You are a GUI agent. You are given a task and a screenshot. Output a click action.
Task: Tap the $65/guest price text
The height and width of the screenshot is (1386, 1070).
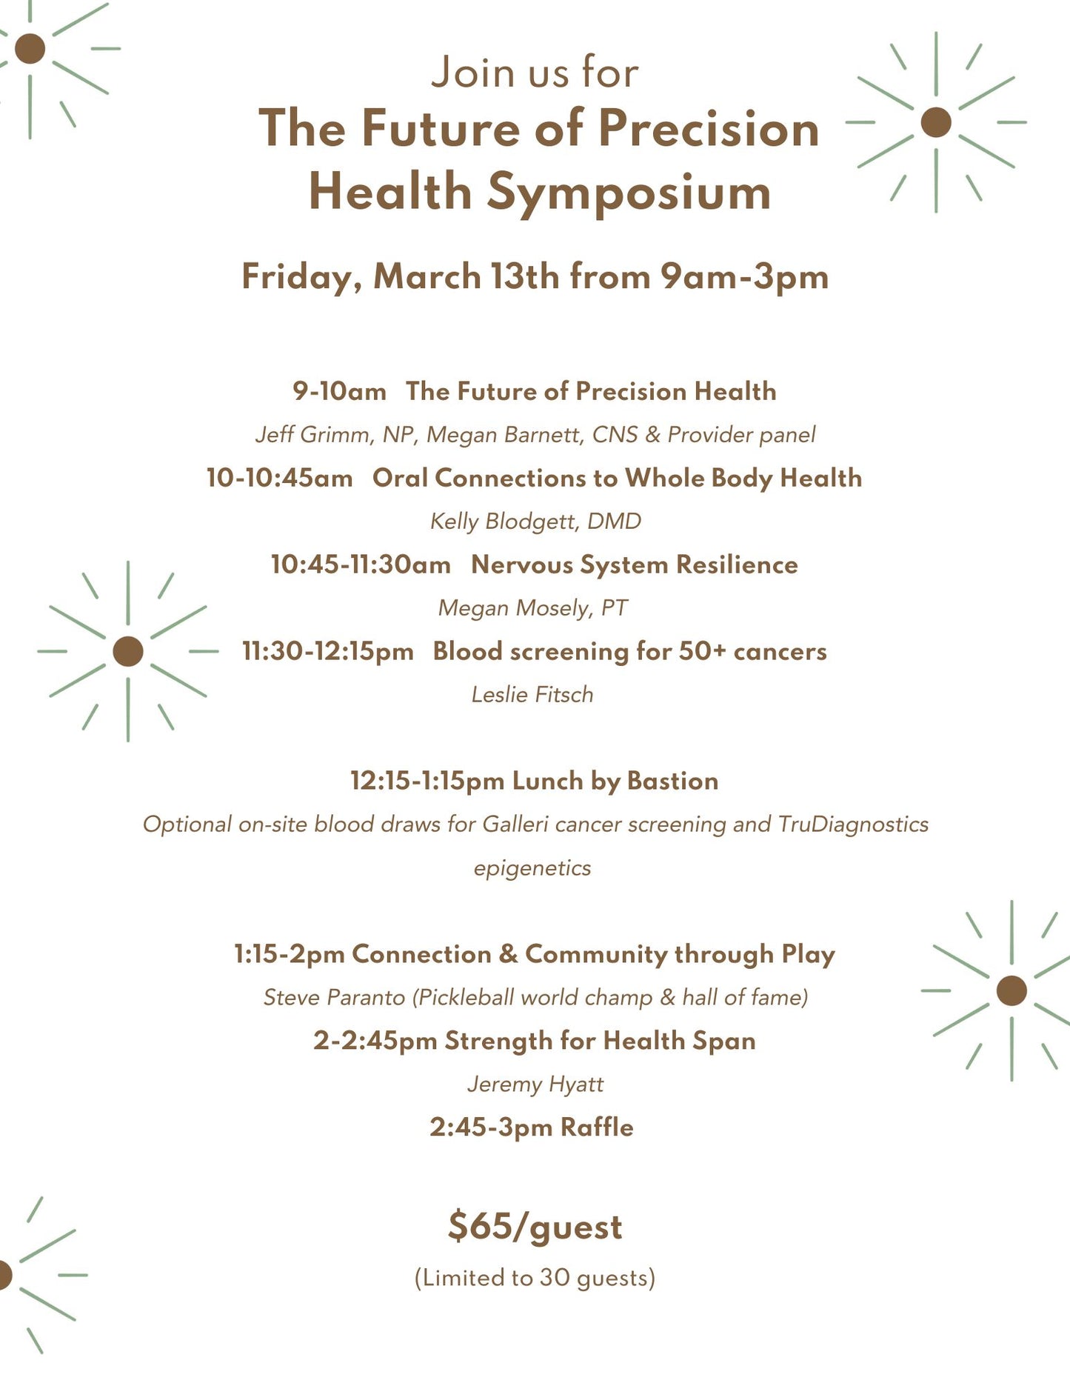coord(535,1226)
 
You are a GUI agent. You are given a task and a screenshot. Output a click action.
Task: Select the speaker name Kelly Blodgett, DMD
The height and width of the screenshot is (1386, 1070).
coord(535,522)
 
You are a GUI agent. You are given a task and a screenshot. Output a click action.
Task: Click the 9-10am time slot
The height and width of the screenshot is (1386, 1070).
coord(339,391)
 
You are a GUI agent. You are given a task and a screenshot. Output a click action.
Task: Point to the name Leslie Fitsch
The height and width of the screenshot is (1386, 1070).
coord(532,695)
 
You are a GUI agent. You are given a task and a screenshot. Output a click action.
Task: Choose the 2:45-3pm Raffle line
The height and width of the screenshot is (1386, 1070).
coord(532,1127)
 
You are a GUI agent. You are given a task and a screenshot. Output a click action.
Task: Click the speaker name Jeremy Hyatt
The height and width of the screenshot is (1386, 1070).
coord(535,1085)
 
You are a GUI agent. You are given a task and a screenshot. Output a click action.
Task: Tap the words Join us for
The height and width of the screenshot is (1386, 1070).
coord(535,73)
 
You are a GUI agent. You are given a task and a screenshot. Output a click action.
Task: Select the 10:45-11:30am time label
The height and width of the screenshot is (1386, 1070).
coord(361,565)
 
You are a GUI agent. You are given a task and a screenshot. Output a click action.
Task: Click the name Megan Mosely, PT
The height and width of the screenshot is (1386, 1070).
coord(532,608)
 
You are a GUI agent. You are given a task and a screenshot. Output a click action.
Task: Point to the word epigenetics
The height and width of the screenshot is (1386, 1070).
coord(532,868)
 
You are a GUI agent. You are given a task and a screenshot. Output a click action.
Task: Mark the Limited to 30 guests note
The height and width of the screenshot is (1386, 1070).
coord(535,1278)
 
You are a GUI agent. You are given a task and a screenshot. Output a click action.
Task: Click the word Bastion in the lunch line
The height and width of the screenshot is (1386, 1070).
coord(672,781)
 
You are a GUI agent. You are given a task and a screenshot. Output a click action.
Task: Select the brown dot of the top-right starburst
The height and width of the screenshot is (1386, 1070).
coord(936,122)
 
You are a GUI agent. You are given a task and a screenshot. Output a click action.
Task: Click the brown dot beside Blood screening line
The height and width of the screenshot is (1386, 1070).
coord(128,651)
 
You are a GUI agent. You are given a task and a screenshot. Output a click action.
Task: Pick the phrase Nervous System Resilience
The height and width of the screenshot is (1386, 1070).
coord(635,565)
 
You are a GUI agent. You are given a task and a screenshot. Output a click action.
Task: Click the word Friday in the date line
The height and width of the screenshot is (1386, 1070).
coord(301,277)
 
